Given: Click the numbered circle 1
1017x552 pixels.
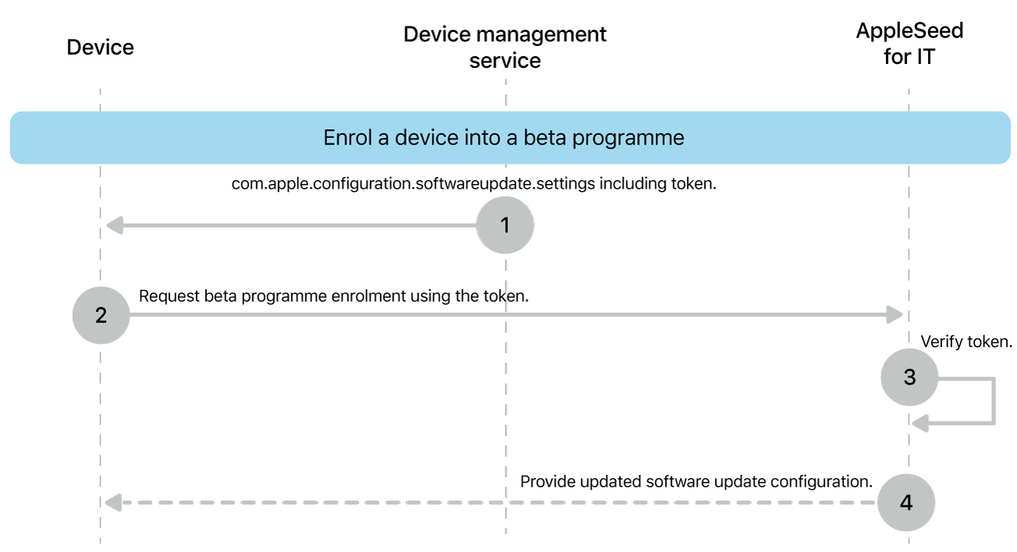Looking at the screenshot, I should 504,225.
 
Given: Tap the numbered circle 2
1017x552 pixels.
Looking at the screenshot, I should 101,315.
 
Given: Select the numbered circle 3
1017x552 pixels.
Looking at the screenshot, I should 909,377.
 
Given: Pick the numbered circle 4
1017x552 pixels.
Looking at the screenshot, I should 905,502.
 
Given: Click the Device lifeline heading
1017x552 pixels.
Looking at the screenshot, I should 100,48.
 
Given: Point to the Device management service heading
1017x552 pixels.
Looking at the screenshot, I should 505,48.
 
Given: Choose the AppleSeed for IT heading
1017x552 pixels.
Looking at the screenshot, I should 909,44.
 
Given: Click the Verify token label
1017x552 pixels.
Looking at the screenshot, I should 966,341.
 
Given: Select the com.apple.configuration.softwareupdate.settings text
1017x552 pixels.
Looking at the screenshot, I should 413,184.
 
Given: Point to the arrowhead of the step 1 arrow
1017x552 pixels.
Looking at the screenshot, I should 114,226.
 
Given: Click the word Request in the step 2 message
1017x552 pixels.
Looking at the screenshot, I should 167,296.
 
